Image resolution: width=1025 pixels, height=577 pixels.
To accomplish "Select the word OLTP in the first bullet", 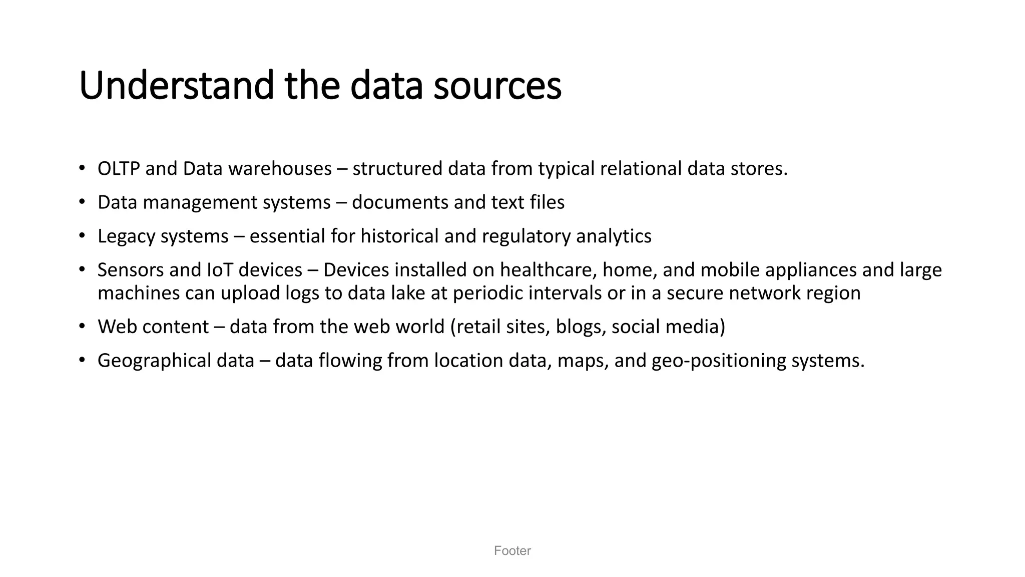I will tap(119, 169).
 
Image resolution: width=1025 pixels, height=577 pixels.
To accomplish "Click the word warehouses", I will tap(280, 169).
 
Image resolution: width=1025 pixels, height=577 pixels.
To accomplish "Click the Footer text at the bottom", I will tap(512, 551).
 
